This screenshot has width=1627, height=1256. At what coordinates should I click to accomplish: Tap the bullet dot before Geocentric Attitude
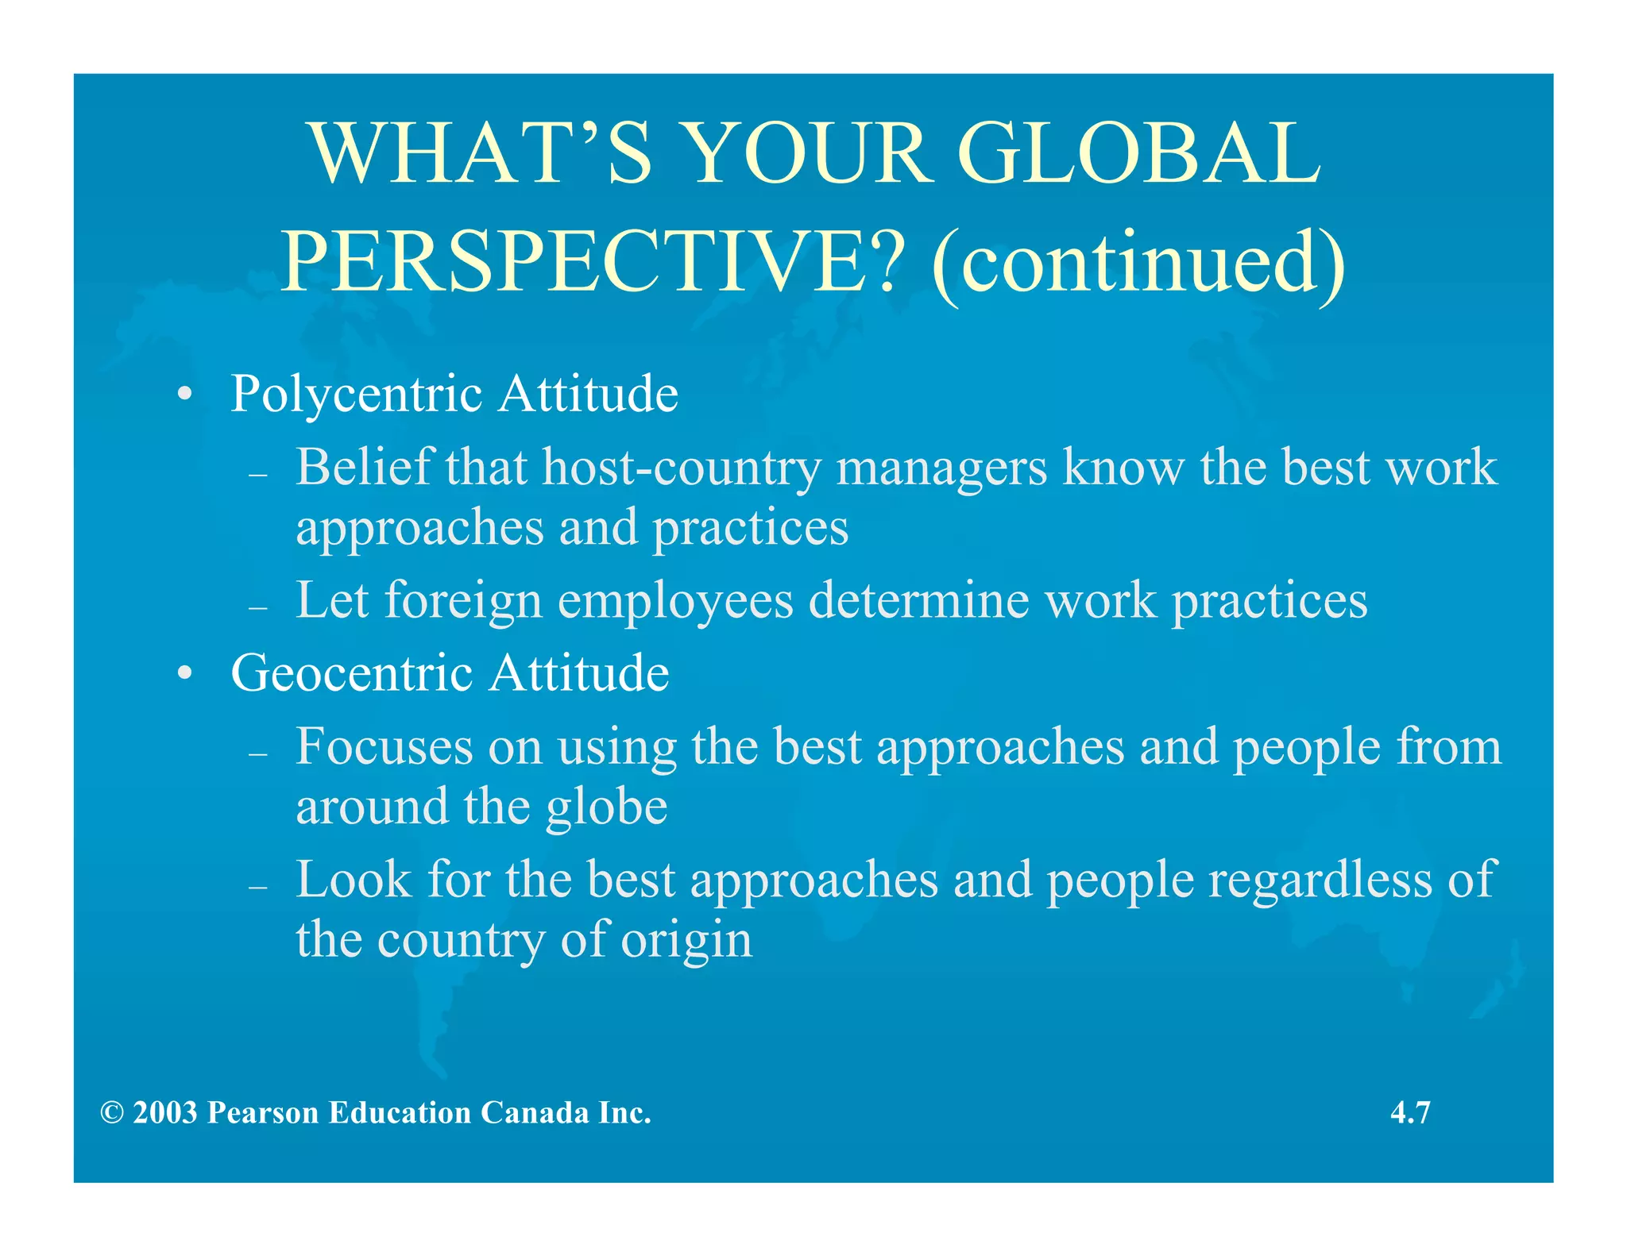click(184, 675)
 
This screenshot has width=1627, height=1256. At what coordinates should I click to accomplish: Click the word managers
click(941, 469)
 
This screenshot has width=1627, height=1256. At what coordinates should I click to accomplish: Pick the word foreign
click(463, 602)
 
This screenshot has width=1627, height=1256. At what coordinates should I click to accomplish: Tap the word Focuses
click(385, 747)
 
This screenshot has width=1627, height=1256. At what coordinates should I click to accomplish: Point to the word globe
click(606, 807)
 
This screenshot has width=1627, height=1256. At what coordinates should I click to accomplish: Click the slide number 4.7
click(1410, 1112)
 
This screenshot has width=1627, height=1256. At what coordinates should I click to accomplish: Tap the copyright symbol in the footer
click(112, 1113)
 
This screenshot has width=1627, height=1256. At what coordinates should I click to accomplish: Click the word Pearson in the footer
click(263, 1113)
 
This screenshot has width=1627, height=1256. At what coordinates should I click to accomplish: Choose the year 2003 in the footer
click(165, 1113)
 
